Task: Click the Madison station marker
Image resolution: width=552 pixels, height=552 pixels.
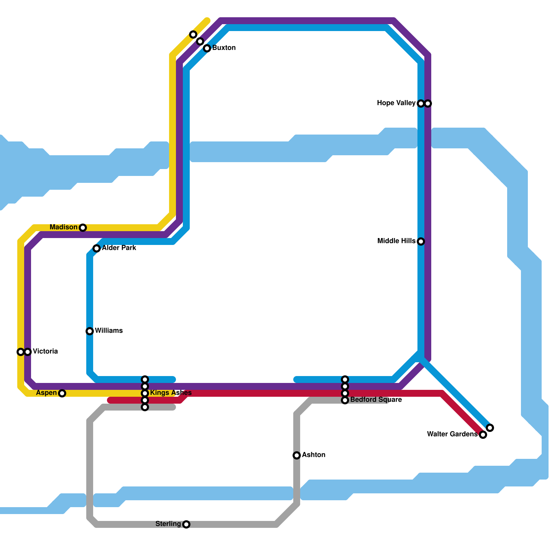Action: tap(83, 228)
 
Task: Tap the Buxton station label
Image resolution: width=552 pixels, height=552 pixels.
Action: tap(224, 48)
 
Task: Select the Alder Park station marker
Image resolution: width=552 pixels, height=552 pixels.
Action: tap(97, 248)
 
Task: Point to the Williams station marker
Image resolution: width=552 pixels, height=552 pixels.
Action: tap(90, 331)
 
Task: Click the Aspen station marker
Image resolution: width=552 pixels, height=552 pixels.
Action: tap(62, 393)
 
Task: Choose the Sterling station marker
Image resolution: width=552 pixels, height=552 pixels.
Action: tap(186, 524)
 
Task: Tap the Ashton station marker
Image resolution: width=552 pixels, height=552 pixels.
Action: tap(297, 455)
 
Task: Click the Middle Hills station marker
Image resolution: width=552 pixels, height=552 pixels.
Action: tap(421, 241)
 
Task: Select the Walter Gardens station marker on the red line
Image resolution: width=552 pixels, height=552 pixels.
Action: tap(483, 435)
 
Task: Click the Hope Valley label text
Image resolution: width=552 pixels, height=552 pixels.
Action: tap(396, 103)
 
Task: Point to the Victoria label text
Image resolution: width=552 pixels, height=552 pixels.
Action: tap(45, 352)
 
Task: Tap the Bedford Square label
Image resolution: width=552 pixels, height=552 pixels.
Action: tap(376, 400)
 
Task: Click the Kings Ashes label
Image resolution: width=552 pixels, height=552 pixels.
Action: tap(171, 393)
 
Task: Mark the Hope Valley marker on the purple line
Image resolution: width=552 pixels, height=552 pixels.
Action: tap(428, 103)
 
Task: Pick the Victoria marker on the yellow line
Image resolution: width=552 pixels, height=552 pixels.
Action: tap(21, 352)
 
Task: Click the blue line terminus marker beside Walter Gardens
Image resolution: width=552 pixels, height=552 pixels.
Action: tap(490, 428)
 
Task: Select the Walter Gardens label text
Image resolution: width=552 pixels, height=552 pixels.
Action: tap(452, 434)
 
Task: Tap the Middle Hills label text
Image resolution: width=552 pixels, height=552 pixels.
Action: tap(396, 241)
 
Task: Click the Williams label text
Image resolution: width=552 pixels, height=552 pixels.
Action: tap(109, 331)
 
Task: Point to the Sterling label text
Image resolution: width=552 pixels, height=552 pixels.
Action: tap(168, 524)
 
